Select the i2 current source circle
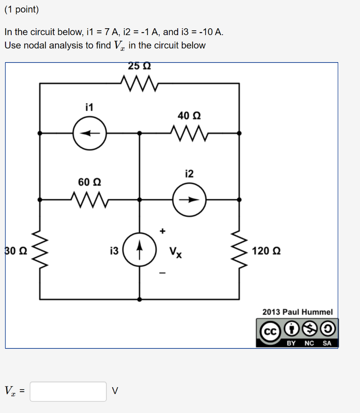[x=189, y=200]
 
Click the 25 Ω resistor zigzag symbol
[x=139, y=83]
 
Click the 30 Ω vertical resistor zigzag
[x=40, y=250]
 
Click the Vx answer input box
[x=68, y=391]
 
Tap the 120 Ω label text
[x=266, y=251]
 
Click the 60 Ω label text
[x=89, y=182]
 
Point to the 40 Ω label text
[x=189, y=116]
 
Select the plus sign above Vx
[x=162, y=231]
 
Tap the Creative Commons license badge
[x=297, y=333]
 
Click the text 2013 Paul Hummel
[x=298, y=312]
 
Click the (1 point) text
[x=22, y=10]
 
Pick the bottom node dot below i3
[x=139, y=299]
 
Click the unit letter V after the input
[x=115, y=391]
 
